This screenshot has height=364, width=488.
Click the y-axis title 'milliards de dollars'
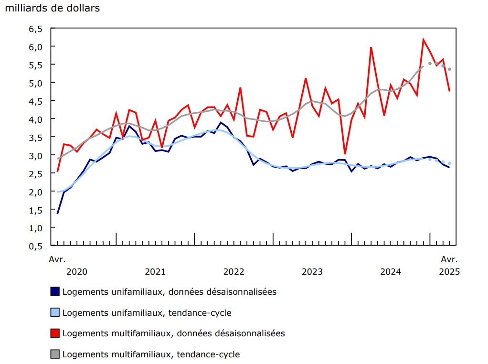click(x=53, y=9)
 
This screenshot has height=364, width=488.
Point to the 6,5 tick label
click(x=36, y=29)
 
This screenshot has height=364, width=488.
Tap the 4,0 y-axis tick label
click(x=36, y=119)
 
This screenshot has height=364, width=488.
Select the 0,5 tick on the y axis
click(x=36, y=246)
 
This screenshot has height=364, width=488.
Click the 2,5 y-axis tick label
click(x=36, y=173)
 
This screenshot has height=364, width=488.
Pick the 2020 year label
click(x=77, y=272)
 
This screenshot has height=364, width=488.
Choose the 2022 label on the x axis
click(x=233, y=272)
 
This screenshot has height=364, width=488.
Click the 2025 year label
click(x=449, y=272)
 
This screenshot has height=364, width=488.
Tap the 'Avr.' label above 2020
click(x=57, y=259)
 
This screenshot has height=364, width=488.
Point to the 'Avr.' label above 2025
click(x=449, y=259)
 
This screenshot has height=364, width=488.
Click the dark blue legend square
click(x=55, y=291)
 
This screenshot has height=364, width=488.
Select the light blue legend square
click(x=55, y=312)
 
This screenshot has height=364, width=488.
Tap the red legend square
click(x=55, y=333)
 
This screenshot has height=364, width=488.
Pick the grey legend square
click(x=55, y=354)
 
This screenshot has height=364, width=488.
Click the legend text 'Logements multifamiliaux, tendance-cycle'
click(x=151, y=354)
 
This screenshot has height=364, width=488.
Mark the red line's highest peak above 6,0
click(x=424, y=40)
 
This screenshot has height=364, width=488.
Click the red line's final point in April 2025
click(x=449, y=91)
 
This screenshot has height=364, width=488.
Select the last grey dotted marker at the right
click(x=449, y=69)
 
